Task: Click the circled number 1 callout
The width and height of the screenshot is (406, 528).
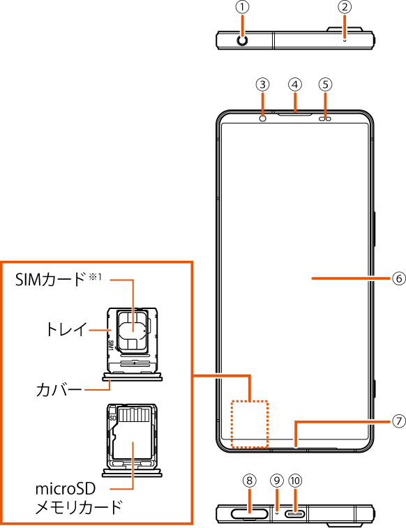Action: click(x=242, y=8)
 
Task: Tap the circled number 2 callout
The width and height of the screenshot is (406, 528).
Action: click(x=345, y=8)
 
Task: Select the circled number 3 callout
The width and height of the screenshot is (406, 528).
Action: click(x=263, y=84)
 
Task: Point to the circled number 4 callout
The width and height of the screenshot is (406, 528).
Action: click(x=295, y=84)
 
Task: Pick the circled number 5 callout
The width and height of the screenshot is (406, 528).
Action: click(x=326, y=84)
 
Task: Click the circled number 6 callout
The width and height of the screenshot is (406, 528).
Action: click(x=399, y=278)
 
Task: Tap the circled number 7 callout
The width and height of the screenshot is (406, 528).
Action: click(x=399, y=421)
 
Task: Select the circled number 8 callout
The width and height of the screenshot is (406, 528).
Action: click(x=250, y=481)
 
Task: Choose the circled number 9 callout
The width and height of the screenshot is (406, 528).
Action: click(x=277, y=481)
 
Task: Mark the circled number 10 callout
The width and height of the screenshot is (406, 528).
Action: click(x=295, y=481)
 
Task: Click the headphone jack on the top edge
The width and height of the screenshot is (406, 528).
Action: click(x=242, y=40)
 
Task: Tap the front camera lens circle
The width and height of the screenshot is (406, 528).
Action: click(x=263, y=119)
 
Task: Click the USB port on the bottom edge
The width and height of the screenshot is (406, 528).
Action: click(x=296, y=514)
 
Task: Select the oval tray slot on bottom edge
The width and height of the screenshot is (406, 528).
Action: click(x=250, y=514)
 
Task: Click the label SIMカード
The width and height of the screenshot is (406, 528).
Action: click(x=50, y=280)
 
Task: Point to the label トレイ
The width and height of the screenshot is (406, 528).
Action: click(x=66, y=329)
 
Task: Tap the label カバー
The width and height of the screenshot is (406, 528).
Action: click(x=59, y=390)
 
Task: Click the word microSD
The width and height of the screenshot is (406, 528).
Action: click(x=66, y=489)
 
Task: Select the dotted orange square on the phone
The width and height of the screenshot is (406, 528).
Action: click(x=250, y=424)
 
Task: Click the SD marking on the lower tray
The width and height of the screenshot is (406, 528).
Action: click(x=113, y=418)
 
